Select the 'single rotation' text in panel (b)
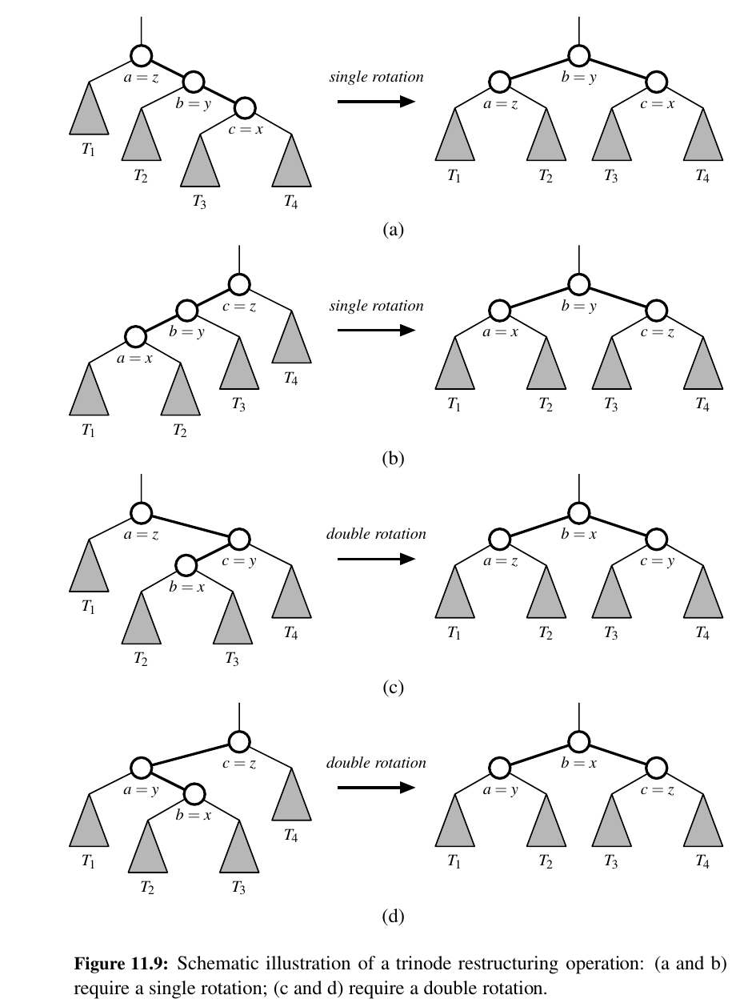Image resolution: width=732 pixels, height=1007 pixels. click(x=376, y=306)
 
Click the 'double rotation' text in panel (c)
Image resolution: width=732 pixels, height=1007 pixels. click(x=376, y=534)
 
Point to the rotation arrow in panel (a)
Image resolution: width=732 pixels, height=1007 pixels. click(x=375, y=102)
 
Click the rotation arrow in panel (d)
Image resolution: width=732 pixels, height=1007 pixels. click(x=375, y=788)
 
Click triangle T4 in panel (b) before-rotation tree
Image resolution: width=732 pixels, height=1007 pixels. click(x=291, y=340)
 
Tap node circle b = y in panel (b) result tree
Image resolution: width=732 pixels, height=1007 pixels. click(x=578, y=283)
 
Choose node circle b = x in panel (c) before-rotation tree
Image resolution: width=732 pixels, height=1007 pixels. click(x=186, y=566)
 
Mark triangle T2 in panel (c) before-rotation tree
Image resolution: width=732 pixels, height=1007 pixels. click(x=142, y=623)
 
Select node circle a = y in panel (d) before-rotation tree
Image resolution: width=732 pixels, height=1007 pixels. click(x=141, y=768)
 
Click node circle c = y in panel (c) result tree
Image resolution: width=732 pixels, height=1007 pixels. click(x=657, y=538)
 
